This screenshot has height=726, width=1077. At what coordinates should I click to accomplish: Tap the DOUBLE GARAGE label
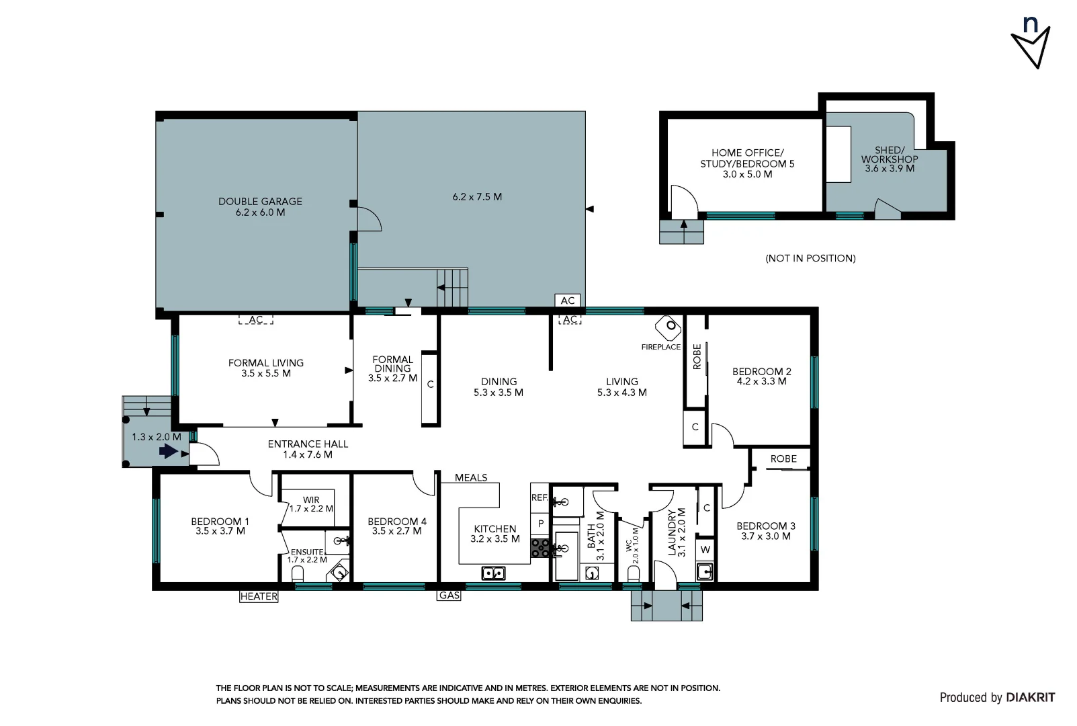click(260, 202)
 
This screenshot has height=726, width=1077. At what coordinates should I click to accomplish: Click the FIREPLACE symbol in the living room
click(669, 327)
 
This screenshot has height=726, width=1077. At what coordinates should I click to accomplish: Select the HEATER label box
click(259, 596)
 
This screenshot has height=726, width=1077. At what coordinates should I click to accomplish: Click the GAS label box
click(449, 596)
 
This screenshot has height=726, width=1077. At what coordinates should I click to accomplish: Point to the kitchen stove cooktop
click(540, 548)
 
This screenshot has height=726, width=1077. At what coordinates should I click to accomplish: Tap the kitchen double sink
click(493, 573)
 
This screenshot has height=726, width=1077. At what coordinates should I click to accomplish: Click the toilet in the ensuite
click(298, 573)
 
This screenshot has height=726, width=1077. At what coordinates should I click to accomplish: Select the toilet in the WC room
click(633, 573)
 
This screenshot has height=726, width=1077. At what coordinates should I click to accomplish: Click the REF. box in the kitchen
click(539, 498)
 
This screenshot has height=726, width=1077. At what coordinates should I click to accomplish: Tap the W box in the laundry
click(705, 549)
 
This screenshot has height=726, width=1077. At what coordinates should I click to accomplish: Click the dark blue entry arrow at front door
click(168, 452)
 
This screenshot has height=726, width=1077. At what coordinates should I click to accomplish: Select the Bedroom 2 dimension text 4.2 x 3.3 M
click(761, 381)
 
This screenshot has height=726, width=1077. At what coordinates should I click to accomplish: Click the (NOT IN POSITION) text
click(810, 258)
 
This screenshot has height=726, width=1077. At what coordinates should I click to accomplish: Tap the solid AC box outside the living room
click(568, 300)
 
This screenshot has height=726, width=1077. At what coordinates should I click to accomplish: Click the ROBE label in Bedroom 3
click(783, 458)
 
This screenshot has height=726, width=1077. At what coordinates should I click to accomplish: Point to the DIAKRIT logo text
click(1030, 698)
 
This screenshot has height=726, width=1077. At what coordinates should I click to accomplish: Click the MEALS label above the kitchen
click(471, 478)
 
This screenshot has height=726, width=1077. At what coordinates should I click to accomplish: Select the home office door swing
click(683, 200)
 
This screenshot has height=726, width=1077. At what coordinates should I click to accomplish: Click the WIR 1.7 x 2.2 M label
click(311, 504)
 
